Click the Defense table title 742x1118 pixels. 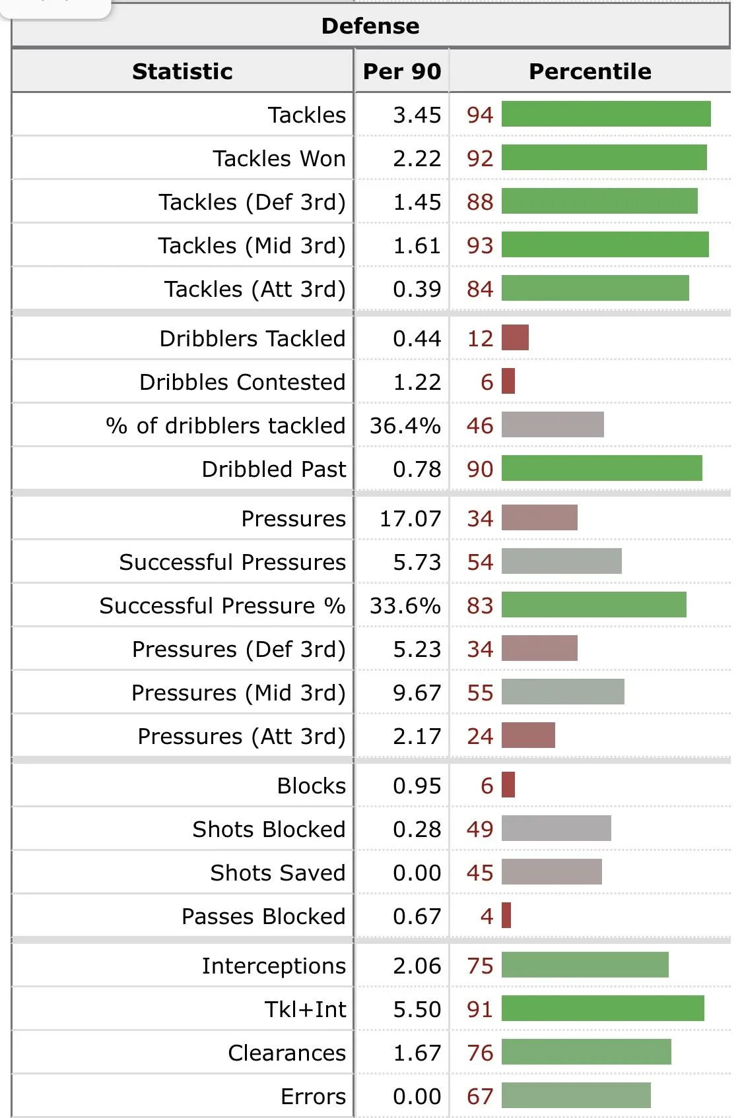tap(370, 26)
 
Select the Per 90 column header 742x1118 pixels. tap(401, 71)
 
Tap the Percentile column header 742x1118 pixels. tap(590, 71)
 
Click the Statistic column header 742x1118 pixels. tap(182, 71)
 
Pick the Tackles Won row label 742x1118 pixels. tap(279, 158)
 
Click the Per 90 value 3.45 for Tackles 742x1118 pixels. tap(417, 115)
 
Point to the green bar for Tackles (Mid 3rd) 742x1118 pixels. tap(605, 245)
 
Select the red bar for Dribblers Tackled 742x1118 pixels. tap(515, 338)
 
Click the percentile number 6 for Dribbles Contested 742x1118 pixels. tap(487, 382)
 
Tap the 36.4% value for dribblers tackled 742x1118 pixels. tap(405, 425)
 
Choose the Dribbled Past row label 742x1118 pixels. tap(273, 469)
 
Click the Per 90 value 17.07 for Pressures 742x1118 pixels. tap(410, 518)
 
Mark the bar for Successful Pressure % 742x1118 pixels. tap(593, 605)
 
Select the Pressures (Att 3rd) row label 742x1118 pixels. tap(241, 736)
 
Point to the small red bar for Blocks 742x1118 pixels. tap(508, 785)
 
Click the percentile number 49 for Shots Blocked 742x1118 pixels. tap(480, 829)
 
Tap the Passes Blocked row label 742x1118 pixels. tap(263, 916)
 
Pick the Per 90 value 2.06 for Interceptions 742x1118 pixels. tap(417, 966)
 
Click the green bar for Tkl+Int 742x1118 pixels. tap(603, 1009)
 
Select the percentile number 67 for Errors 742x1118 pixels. tap(480, 1096)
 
